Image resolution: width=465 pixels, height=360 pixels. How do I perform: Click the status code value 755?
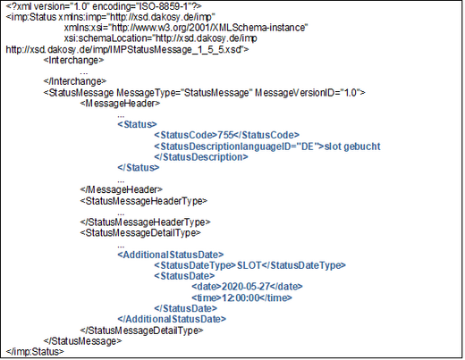[x=225, y=135]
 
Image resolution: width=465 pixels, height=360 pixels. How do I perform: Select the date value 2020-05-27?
[x=246, y=287]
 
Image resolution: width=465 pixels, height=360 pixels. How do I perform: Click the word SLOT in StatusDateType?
[x=249, y=265]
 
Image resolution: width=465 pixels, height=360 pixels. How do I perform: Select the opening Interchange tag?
[x=73, y=60]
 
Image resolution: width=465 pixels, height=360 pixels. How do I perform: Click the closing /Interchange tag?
[x=75, y=81]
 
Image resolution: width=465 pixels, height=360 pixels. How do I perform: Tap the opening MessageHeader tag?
[x=120, y=104]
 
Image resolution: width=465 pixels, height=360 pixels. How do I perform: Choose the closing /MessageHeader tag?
[x=122, y=189]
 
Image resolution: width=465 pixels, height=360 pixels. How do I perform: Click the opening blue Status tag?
[x=137, y=124]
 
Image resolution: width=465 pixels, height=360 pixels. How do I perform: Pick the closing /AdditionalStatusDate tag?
[x=172, y=319]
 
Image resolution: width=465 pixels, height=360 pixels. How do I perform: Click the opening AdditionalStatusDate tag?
[x=171, y=255]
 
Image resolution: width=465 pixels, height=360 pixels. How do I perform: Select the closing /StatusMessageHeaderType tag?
[x=146, y=222]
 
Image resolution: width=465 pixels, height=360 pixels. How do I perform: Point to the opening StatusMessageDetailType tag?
[x=140, y=232]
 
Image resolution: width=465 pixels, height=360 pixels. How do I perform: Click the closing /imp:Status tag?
[x=35, y=352]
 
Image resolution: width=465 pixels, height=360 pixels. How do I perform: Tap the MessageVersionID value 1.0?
[x=351, y=93]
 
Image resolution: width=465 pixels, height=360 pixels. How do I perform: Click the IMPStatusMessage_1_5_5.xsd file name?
[x=175, y=49]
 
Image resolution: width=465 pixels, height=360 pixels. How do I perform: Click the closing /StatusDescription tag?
[x=201, y=157]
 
